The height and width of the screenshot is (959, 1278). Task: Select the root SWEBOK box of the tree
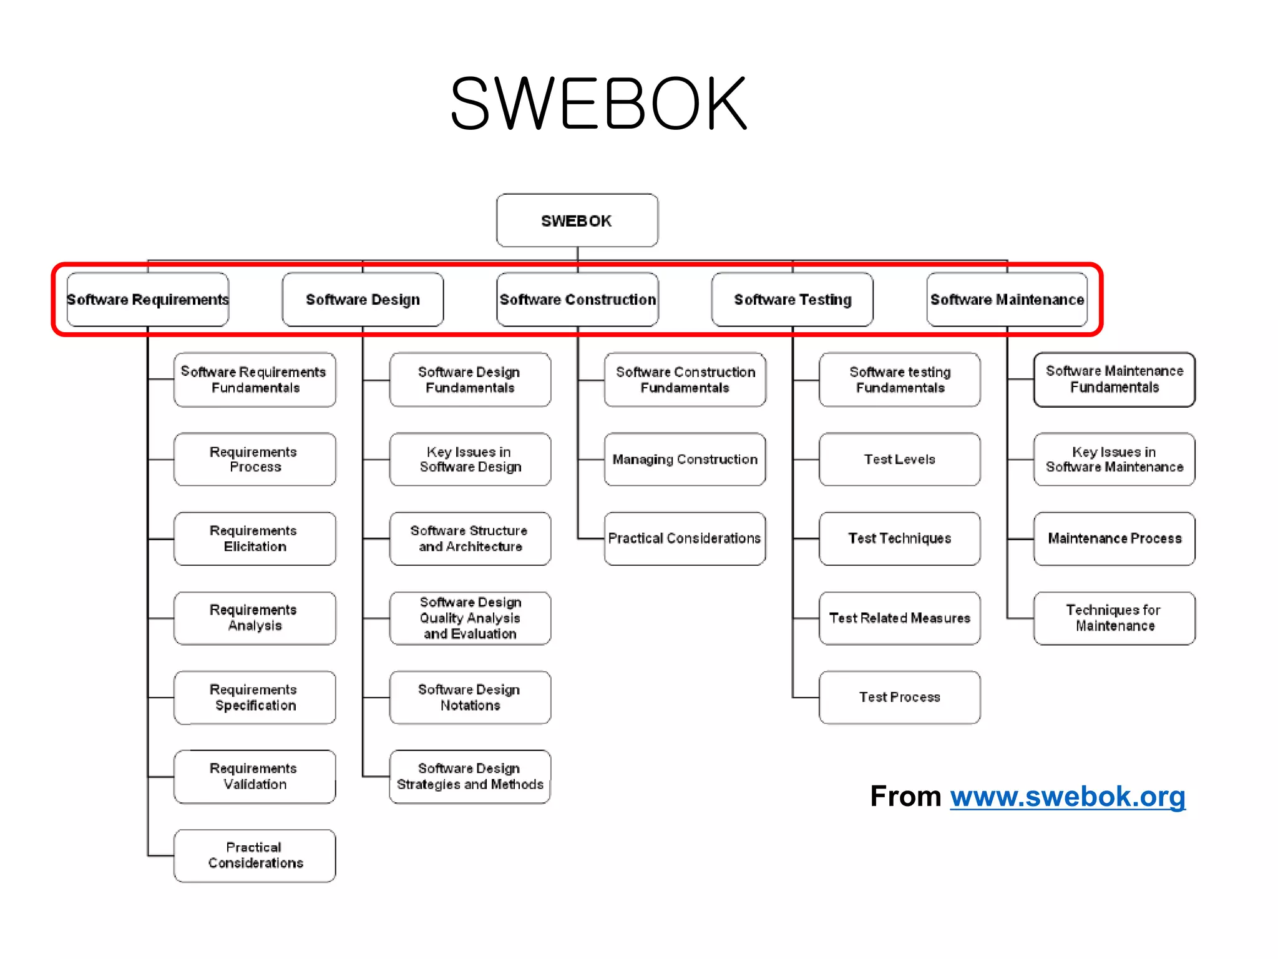point(577,220)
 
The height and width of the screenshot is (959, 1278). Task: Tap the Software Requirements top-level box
point(148,300)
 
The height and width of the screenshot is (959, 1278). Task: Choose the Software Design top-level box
point(363,300)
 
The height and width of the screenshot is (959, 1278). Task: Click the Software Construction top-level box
point(577,300)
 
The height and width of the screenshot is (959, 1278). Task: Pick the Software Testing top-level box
point(792,300)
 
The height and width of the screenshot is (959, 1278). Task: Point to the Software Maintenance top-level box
point(1007,300)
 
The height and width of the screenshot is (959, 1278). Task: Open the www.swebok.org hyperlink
point(1067,797)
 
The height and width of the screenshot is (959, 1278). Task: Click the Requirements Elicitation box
point(255,538)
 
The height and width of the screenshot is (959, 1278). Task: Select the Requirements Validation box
point(255,776)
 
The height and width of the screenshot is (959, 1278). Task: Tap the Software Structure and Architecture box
point(470,538)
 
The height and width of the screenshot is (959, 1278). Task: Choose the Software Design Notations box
point(470,697)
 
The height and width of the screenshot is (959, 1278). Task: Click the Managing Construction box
point(685,460)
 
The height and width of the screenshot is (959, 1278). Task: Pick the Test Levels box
point(899,460)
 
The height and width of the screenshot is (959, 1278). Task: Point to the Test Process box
point(899,697)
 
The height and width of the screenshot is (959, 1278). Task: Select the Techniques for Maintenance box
point(1114,617)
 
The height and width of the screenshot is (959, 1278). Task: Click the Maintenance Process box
point(1114,538)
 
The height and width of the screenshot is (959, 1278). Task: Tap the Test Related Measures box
point(899,617)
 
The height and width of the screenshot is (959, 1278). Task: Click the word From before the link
point(905,797)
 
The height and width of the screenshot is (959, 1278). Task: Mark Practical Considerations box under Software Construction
point(685,538)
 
